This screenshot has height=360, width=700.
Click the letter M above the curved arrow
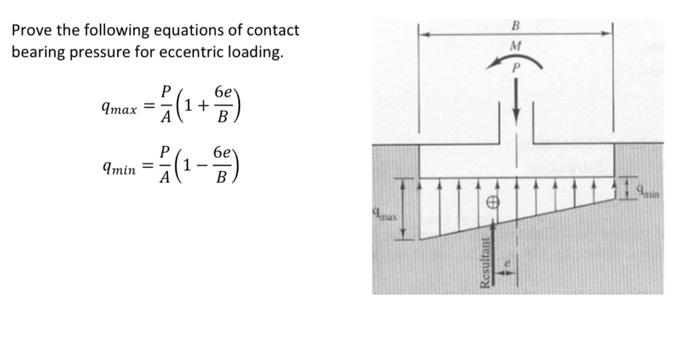pos(516,46)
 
